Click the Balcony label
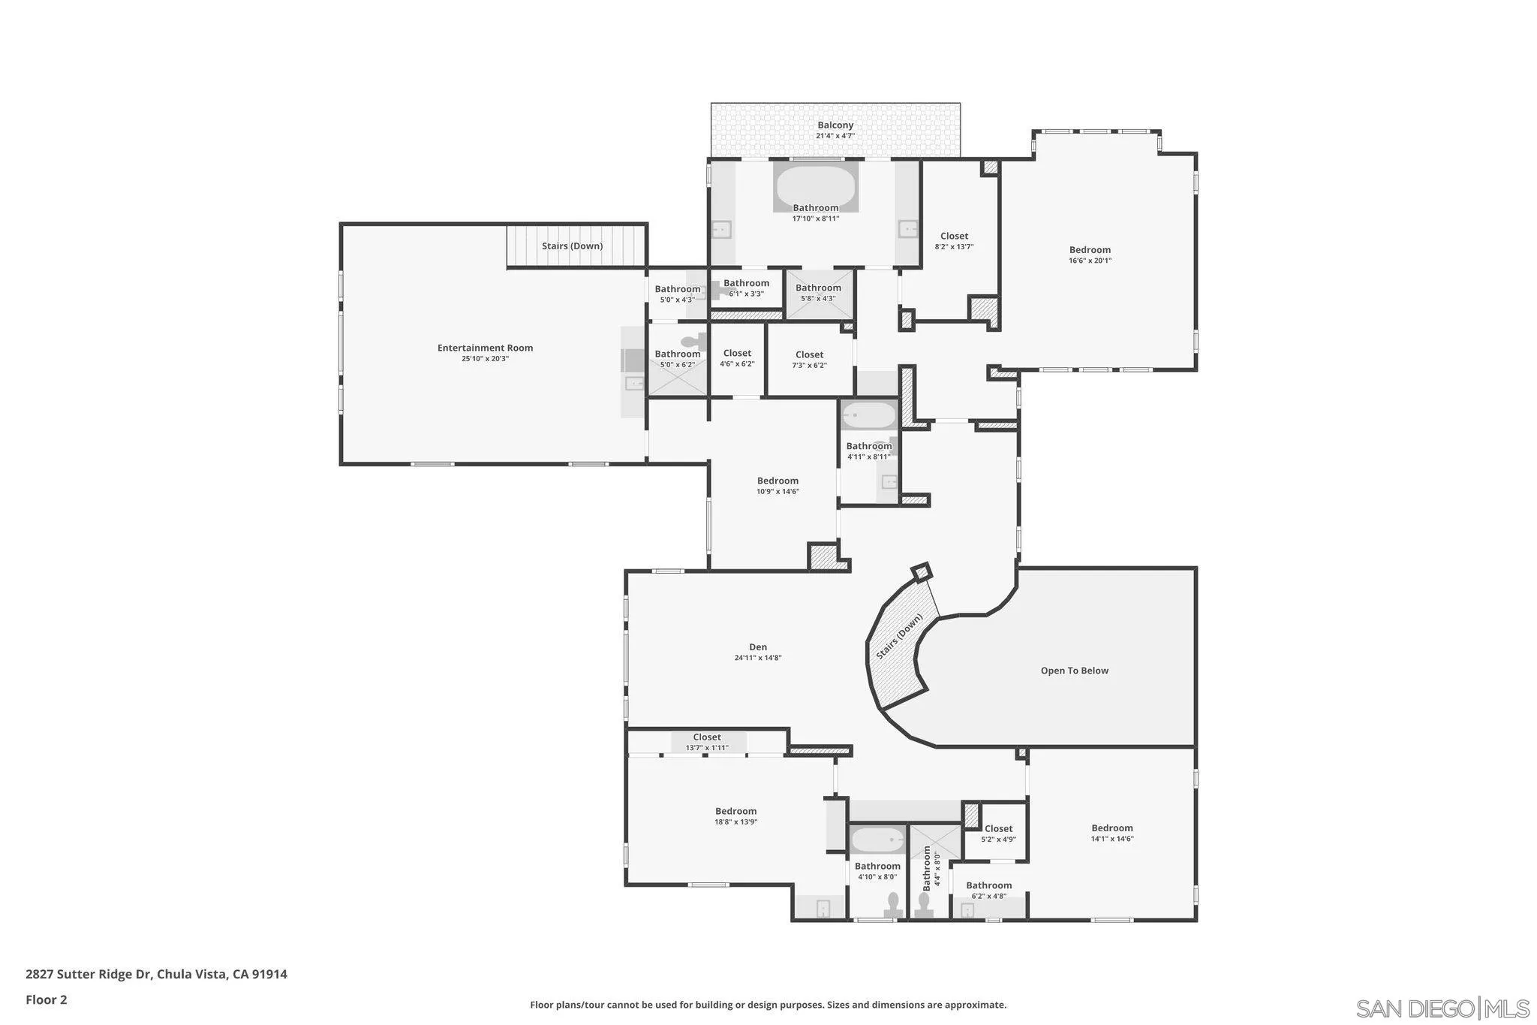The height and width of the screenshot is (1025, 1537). tap(835, 125)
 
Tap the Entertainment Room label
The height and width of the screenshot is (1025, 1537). tap(485, 348)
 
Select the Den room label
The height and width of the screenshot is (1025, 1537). tap(758, 647)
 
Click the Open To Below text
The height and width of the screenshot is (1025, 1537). tap(1074, 671)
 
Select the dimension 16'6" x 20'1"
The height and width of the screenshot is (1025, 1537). tap(1090, 261)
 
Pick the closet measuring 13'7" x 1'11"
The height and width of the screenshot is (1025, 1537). tap(707, 742)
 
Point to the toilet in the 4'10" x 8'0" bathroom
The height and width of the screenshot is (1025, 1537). tap(893, 904)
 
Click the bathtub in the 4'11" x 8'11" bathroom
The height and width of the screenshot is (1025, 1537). tap(868, 415)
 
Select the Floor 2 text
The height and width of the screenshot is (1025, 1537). tap(47, 999)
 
